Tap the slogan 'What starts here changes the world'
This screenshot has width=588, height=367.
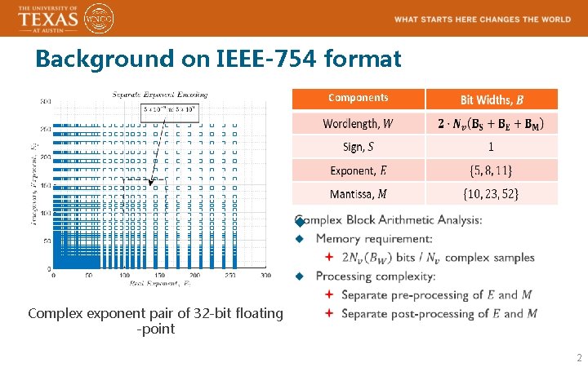[482, 19]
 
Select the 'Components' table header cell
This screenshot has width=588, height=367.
[358, 98]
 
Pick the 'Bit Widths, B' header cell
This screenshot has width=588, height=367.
[492, 99]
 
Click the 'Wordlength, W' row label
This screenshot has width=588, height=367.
[358, 123]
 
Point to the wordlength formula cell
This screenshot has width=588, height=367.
[492, 123]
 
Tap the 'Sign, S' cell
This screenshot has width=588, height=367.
[358, 147]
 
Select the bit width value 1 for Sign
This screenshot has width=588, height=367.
[491, 147]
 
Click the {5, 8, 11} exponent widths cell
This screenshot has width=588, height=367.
[491, 170]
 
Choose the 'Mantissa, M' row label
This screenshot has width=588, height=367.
[358, 194]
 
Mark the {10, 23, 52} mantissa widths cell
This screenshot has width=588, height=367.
[491, 194]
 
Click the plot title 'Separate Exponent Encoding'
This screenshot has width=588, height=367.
[159, 95]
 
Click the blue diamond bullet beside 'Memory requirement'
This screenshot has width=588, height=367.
[299, 239]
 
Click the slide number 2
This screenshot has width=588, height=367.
[579, 357]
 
